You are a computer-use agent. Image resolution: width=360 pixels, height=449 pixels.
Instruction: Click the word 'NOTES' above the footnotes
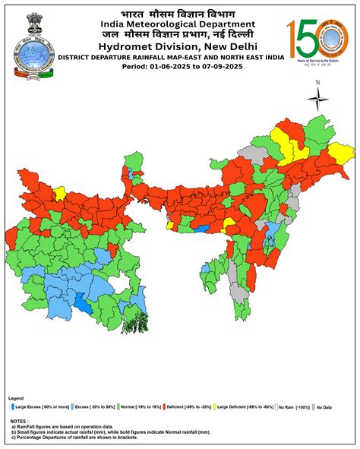19,420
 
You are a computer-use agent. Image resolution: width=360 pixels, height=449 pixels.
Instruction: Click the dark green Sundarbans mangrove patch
134,322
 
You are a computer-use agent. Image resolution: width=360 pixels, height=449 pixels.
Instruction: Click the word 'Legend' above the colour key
16,398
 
